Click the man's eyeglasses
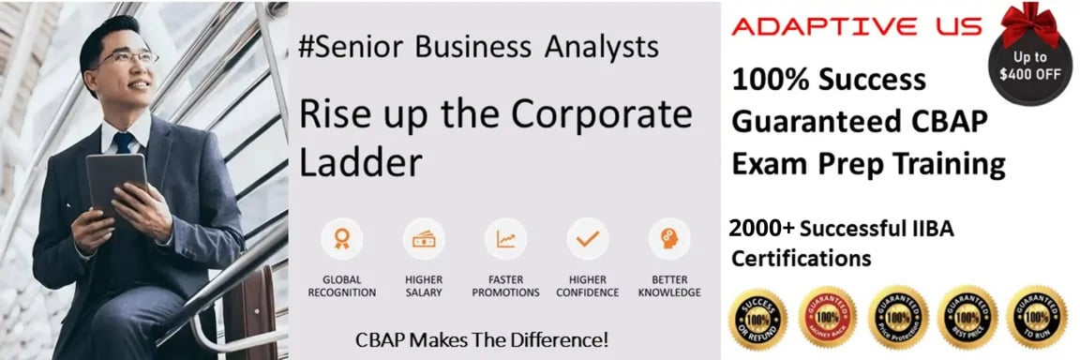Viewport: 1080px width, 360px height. tap(131, 58)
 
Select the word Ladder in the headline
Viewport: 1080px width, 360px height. tap(360, 162)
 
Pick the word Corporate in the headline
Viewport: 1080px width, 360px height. tap(600, 114)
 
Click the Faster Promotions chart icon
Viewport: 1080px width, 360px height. tap(505, 239)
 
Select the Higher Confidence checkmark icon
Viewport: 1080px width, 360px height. tap(587, 239)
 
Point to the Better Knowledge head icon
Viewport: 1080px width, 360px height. tap(668, 239)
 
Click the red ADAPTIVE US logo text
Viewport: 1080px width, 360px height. tap(855, 26)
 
